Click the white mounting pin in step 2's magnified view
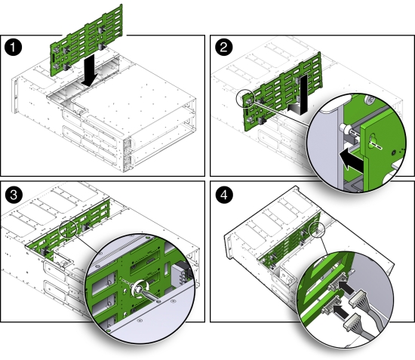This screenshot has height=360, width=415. [349, 129]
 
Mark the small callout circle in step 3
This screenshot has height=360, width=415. [69, 227]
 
